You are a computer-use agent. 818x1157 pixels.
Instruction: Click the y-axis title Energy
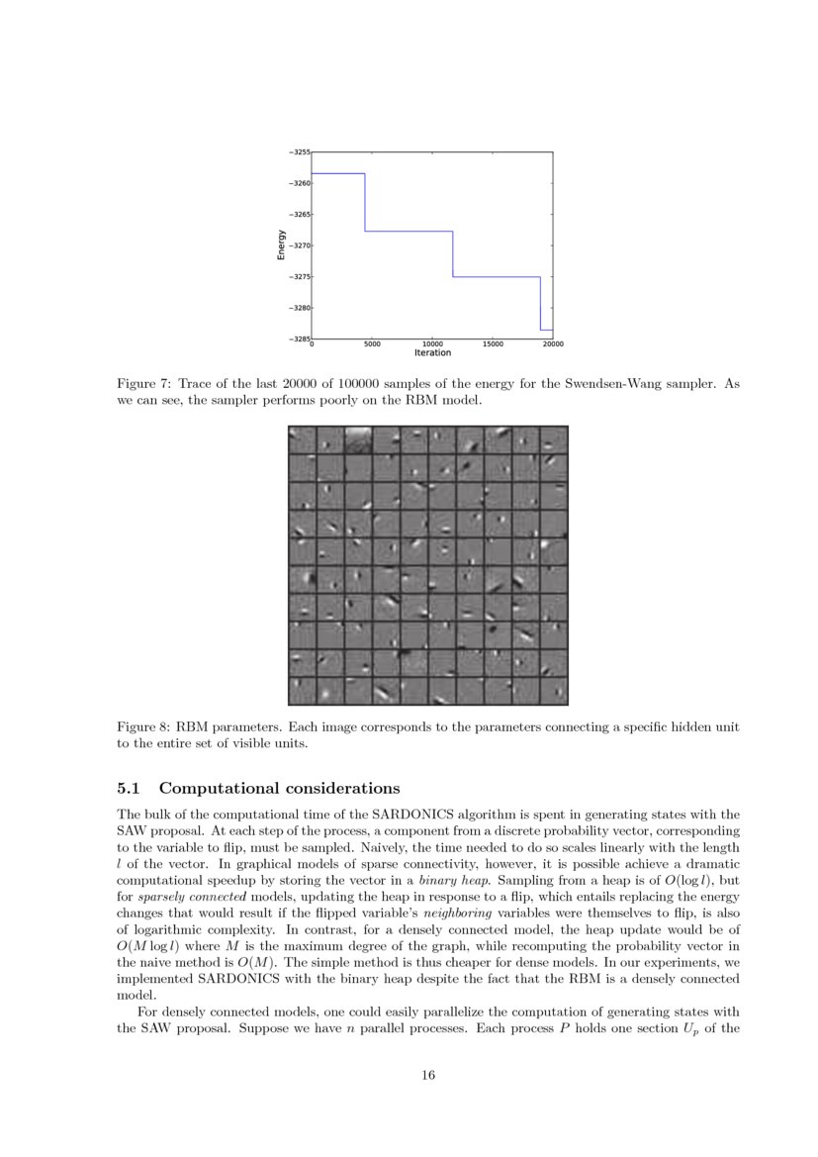(x=281, y=244)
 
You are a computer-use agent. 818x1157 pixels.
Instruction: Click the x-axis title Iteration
(x=432, y=353)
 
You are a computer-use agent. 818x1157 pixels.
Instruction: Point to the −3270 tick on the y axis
(x=299, y=244)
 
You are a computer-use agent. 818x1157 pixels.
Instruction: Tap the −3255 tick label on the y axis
(x=299, y=152)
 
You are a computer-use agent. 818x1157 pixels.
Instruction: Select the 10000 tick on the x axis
(x=432, y=343)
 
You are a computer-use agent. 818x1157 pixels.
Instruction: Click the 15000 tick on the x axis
(x=493, y=343)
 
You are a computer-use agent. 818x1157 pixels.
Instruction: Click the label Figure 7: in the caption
(x=145, y=383)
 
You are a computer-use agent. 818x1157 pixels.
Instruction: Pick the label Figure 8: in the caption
(x=145, y=726)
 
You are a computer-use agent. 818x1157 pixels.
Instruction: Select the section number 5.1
(x=132, y=789)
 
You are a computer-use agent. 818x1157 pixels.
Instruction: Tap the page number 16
(x=429, y=1075)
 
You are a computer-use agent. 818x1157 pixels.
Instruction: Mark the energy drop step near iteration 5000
(x=365, y=202)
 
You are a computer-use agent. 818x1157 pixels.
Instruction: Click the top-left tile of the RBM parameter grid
(x=302, y=440)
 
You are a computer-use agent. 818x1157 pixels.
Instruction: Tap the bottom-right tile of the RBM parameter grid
(x=554, y=690)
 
